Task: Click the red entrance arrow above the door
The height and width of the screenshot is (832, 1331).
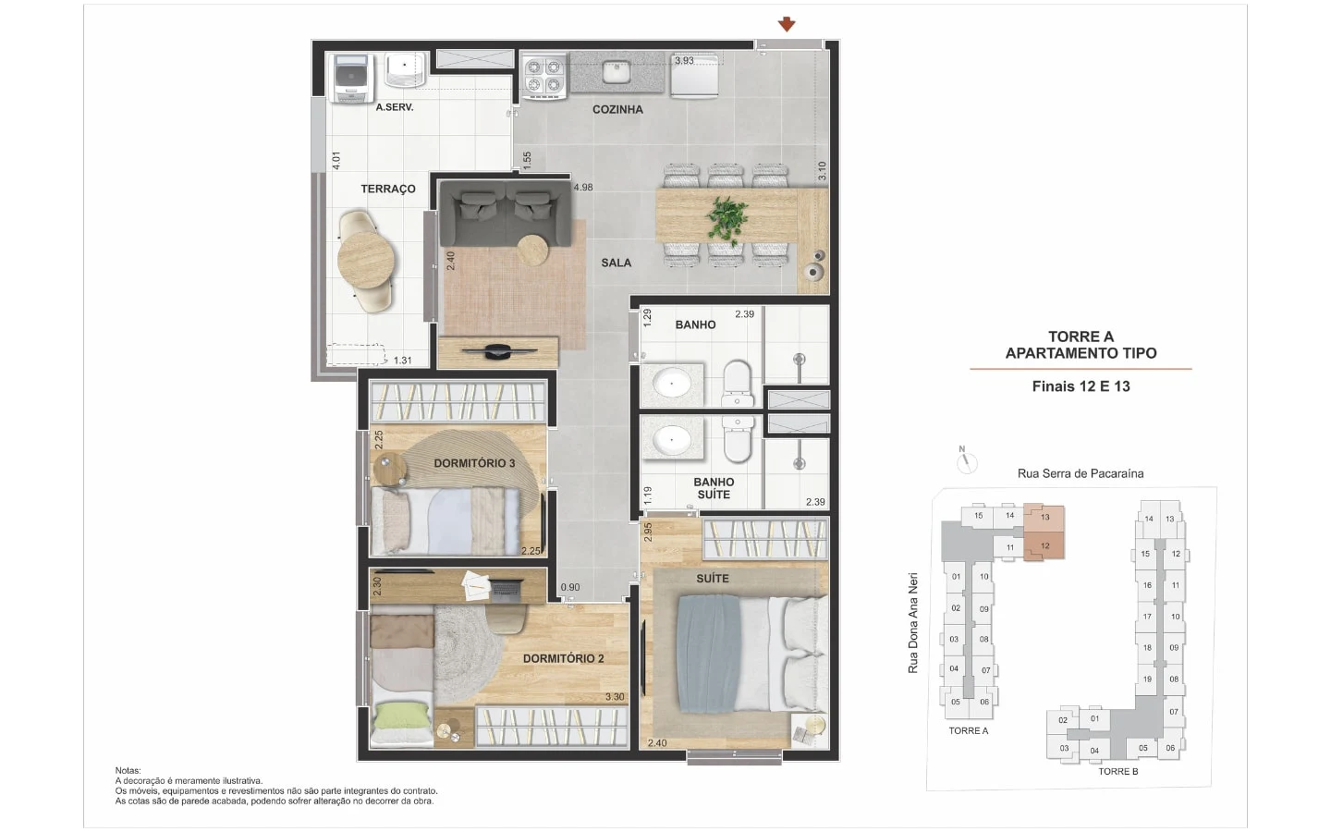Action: (787, 24)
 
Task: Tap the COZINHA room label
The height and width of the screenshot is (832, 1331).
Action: (617, 109)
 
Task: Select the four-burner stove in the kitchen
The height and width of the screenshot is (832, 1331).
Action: (543, 76)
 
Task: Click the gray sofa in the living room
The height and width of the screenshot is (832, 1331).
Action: (504, 212)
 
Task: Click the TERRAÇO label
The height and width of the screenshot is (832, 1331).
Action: (388, 189)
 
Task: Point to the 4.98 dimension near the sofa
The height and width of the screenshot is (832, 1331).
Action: (583, 188)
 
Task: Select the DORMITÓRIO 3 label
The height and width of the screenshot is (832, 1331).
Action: (474, 463)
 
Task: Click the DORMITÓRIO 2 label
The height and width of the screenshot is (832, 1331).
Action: (563, 658)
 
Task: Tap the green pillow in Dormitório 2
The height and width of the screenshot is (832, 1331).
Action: (402, 716)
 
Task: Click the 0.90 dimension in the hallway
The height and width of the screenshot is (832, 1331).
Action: (570, 587)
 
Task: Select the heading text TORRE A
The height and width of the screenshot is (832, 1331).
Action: (1081, 336)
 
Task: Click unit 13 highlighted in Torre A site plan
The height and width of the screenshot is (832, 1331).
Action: (1044, 518)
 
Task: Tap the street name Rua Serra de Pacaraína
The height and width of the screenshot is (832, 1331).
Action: (1081, 473)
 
